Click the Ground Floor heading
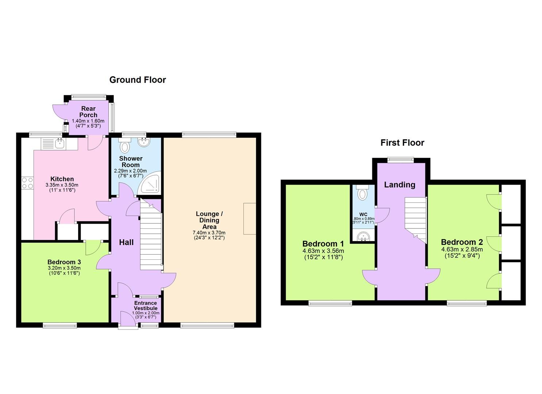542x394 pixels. tap(138, 80)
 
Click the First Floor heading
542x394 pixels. tap(402, 143)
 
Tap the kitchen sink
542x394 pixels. tap(59, 144)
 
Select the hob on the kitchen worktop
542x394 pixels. tap(27, 182)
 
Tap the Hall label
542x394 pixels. tap(126, 242)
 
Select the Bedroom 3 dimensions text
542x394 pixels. tap(64, 270)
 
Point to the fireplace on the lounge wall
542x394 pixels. tap(250, 219)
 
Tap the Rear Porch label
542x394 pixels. tap(88, 112)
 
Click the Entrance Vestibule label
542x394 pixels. tap(146, 306)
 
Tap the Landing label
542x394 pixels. tap(400, 185)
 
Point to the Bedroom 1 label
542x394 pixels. tap(323, 244)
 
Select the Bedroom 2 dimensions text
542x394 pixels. tap(462, 253)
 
